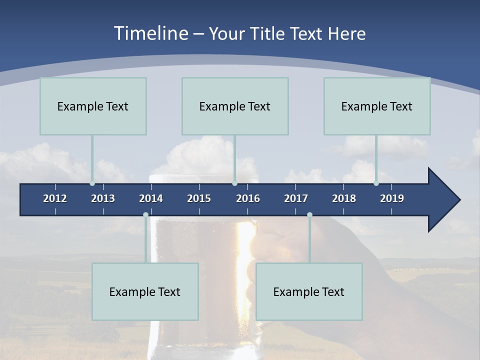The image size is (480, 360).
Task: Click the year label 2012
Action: (55, 198)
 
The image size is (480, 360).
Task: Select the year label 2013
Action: (103, 198)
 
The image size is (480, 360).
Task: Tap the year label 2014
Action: (151, 198)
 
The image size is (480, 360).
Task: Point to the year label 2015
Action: (199, 198)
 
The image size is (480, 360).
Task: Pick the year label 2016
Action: (248, 198)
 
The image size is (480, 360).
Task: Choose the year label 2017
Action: (296, 198)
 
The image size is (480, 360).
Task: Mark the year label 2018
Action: (344, 198)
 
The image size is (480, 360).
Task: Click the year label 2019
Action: (392, 198)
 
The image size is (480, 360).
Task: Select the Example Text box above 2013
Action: (93, 106)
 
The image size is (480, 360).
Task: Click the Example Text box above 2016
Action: (235, 106)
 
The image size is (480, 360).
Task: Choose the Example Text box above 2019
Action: (377, 106)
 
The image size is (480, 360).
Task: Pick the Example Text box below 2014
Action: (145, 291)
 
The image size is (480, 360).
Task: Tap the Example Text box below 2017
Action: (309, 291)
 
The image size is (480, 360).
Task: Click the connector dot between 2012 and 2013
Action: (92, 183)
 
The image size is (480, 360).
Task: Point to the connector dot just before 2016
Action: (234, 183)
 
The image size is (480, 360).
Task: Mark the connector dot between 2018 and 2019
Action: (376, 183)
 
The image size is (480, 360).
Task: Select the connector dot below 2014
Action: (145, 215)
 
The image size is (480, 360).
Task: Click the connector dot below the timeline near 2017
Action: (309, 215)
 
